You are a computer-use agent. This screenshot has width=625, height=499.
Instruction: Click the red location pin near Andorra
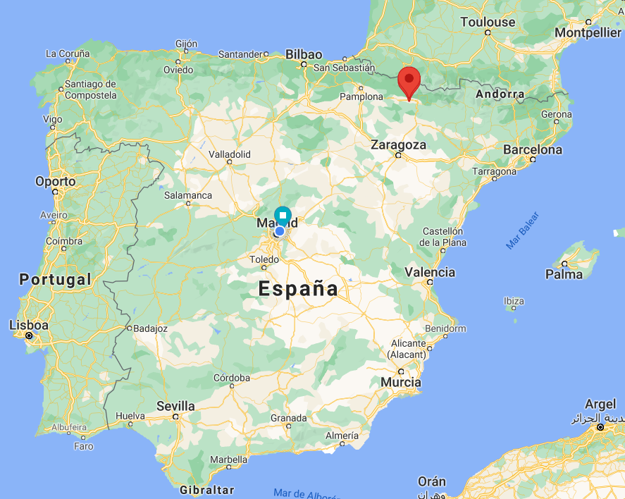[409, 79]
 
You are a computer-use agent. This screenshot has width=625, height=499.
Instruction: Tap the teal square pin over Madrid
[283, 215]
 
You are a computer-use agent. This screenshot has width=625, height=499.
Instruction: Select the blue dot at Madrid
[280, 230]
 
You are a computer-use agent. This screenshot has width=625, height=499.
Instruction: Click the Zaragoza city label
[399, 144]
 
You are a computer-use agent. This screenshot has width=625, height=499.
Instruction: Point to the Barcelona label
[533, 149]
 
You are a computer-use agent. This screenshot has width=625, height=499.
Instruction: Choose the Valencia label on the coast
[430, 271]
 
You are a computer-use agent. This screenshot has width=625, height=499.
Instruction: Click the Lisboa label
[29, 325]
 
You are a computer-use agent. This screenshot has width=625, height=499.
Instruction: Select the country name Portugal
[55, 279]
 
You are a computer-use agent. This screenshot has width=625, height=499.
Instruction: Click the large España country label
[298, 288]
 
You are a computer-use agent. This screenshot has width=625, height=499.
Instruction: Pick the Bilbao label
[304, 54]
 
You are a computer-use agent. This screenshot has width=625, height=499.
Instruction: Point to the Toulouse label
[488, 22]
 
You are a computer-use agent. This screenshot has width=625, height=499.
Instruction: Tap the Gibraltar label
[206, 489]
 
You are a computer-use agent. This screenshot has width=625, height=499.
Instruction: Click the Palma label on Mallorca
[564, 274]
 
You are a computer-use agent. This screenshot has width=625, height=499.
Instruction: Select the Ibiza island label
[514, 301]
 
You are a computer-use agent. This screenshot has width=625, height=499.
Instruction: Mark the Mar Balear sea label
[522, 230]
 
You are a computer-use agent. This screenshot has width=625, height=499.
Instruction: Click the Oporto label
[56, 181]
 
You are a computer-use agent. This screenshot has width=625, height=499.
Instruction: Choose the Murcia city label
[400, 382]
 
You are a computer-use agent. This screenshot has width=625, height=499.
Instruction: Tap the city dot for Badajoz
[130, 328]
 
